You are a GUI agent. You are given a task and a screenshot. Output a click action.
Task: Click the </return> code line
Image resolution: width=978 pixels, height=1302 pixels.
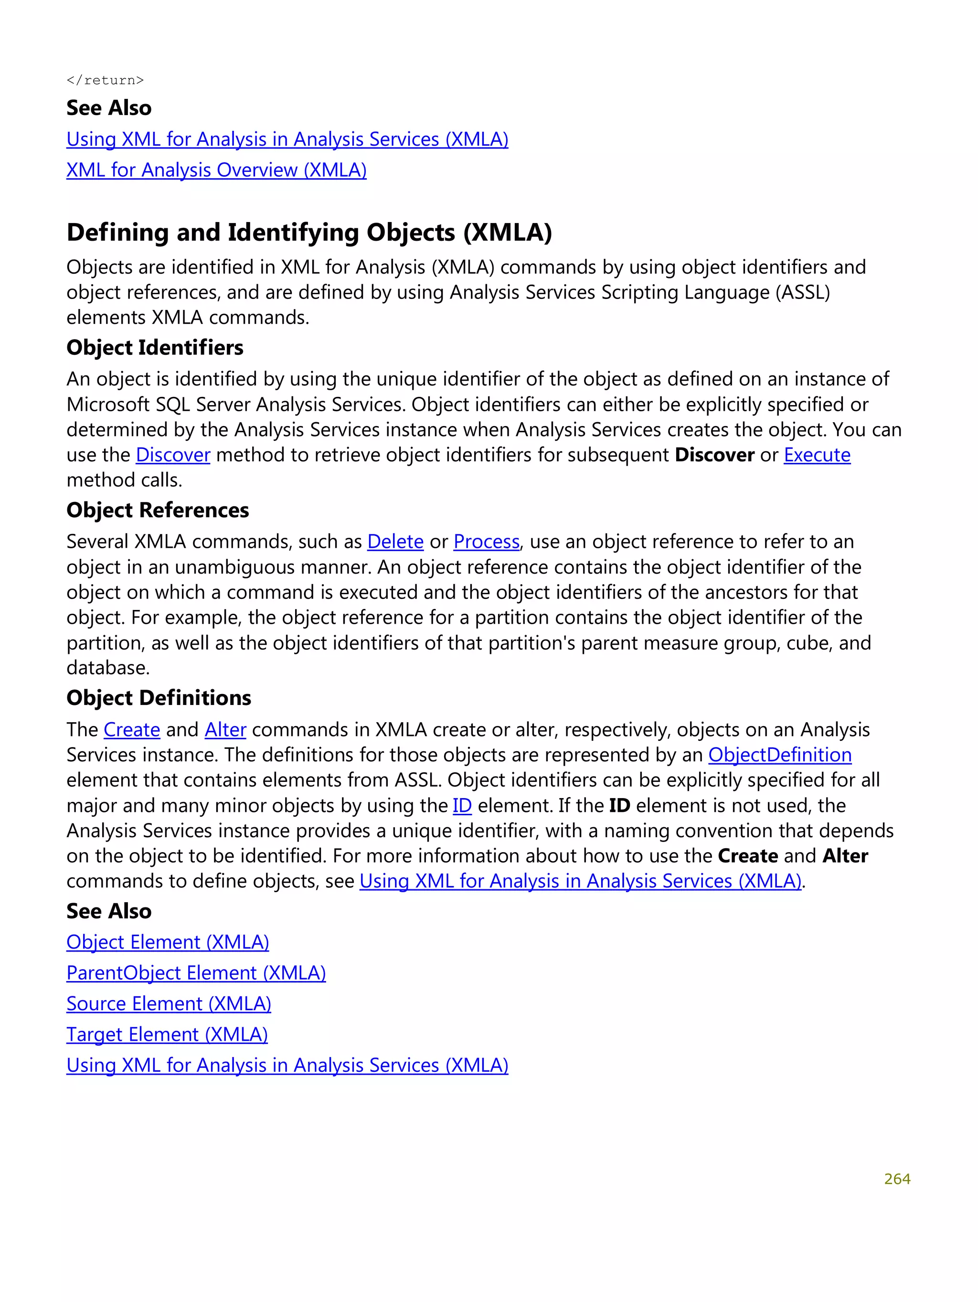pyautogui.click(x=105, y=80)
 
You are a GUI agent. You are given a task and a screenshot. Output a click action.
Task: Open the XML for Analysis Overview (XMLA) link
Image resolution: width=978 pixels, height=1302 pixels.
pyautogui.click(x=216, y=170)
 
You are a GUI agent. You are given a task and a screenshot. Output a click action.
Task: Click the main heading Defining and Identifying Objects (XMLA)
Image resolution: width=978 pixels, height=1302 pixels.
pyautogui.click(x=309, y=233)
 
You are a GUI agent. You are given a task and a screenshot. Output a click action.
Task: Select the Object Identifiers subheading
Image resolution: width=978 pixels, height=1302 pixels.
pyautogui.click(x=155, y=348)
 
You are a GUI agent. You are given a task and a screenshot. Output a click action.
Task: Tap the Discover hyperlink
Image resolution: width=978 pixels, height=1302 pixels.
pyautogui.click(x=172, y=455)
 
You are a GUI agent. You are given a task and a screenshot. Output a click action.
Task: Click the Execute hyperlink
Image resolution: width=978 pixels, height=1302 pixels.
pyautogui.click(x=816, y=455)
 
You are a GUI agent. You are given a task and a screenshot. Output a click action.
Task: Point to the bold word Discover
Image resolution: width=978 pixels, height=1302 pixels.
pyautogui.click(x=714, y=455)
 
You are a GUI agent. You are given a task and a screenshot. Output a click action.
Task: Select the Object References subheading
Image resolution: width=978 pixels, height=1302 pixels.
pyautogui.click(x=158, y=510)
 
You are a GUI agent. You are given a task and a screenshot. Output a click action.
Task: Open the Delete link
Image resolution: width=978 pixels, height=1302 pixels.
pyautogui.click(x=395, y=542)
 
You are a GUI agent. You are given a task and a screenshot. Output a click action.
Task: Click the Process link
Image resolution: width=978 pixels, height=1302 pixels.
pyautogui.click(x=486, y=542)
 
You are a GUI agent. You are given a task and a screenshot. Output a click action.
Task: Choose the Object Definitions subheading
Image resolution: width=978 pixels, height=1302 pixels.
pyautogui.click(x=159, y=698)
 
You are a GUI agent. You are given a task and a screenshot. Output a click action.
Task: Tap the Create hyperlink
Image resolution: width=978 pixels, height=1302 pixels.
pyautogui.click(x=132, y=730)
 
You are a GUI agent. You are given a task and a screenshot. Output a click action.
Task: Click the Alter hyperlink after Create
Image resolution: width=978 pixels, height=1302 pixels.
pyautogui.click(x=225, y=730)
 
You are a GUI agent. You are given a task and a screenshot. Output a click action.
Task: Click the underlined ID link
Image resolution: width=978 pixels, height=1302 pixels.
pyautogui.click(x=462, y=806)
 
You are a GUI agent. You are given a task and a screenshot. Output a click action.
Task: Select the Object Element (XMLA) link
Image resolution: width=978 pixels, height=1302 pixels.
pyautogui.click(x=168, y=942)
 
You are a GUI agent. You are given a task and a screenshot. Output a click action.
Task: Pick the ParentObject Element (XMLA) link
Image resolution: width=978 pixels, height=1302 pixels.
pyautogui.click(x=196, y=973)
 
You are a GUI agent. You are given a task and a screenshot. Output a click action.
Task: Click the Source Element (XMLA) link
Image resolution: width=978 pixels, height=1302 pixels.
pyautogui.click(x=169, y=1003)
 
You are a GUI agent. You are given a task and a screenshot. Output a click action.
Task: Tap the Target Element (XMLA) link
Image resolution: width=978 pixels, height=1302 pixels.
pyautogui.click(x=167, y=1034)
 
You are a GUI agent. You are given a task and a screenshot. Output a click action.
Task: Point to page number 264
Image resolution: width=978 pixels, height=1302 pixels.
pyautogui.click(x=896, y=1179)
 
